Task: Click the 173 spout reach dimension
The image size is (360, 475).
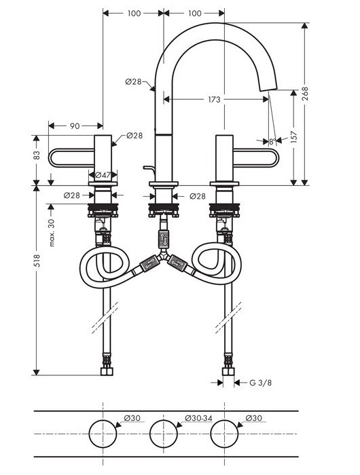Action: tap(214, 100)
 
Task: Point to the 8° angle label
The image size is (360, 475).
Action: tap(272, 142)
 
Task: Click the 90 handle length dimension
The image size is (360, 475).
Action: tap(75, 126)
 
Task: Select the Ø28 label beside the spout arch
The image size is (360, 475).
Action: tap(133, 81)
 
